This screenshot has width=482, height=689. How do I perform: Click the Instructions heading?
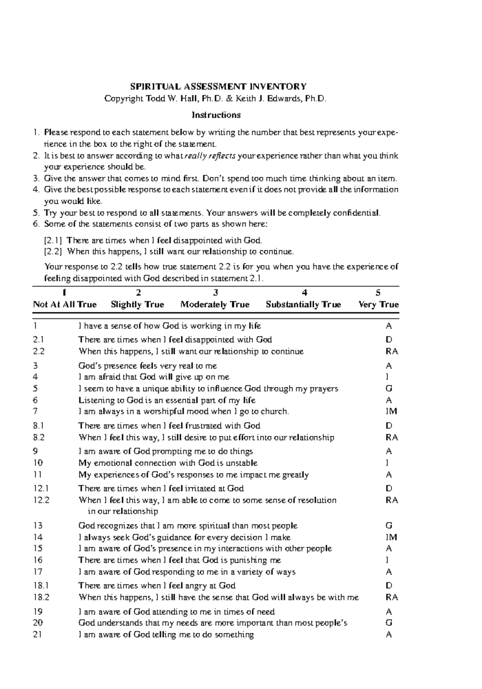click(216, 115)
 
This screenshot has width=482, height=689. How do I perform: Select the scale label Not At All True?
click(65, 304)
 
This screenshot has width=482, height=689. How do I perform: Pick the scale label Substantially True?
click(303, 304)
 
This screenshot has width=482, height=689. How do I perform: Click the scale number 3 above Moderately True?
click(216, 293)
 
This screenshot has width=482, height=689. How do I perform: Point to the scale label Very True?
click(378, 304)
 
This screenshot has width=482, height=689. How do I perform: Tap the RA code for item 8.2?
click(392, 437)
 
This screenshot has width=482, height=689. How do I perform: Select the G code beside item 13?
click(388, 525)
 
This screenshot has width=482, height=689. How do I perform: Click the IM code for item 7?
click(391, 411)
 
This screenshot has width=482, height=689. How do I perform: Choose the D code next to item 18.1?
click(388, 586)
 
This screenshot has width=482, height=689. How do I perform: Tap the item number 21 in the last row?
click(39, 634)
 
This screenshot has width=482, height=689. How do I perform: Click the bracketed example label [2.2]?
click(53, 252)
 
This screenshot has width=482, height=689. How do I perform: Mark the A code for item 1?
click(388, 326)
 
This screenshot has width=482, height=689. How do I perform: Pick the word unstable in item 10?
click(241, 463)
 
